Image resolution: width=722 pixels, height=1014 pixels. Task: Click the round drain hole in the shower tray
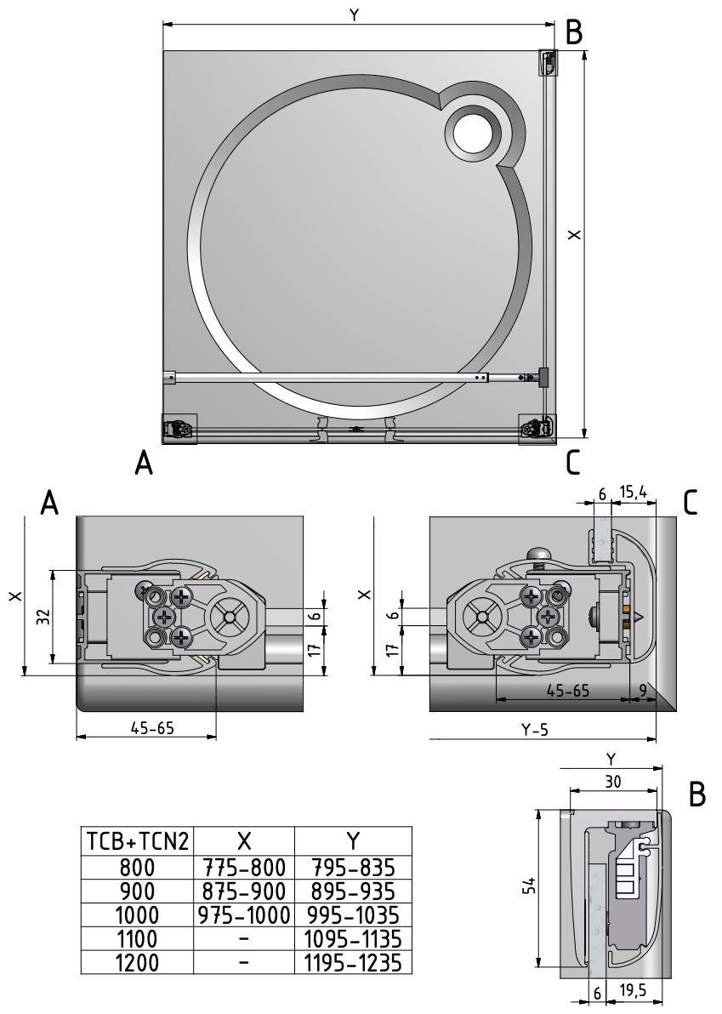pos(473,134)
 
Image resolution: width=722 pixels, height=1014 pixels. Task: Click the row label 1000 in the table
pos(137,914)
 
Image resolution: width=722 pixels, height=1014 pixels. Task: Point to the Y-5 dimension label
pos(534,729)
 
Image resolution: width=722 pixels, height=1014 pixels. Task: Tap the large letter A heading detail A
pos(51,504)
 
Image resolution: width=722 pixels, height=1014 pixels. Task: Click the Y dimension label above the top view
pos(352,15)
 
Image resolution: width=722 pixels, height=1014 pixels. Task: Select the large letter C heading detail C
pos(690,504)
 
